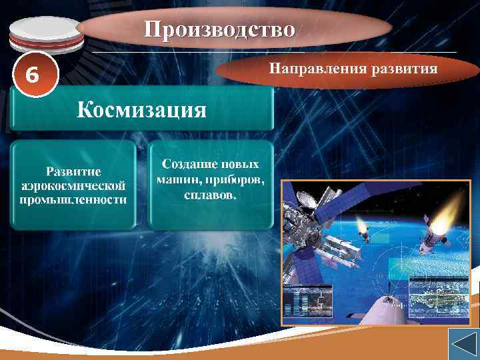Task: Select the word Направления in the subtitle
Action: point(307,68)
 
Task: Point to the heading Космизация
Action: point(141,109)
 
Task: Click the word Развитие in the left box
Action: point(74,171)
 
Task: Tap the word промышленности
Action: point(74,199)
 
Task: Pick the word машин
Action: point(175,179)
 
